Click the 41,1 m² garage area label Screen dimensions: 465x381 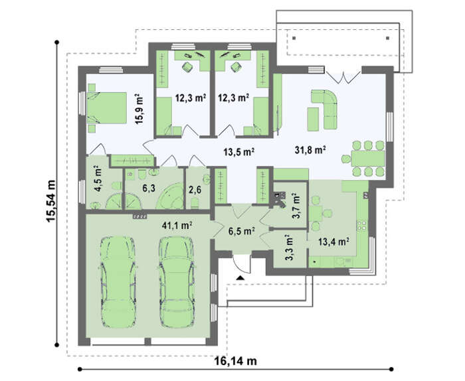point(177,226)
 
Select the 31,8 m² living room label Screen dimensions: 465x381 point(310,150)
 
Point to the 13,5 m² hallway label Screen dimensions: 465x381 point(238,152)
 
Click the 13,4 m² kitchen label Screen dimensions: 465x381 point(333,242)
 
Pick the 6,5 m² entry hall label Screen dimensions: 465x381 point(242,231)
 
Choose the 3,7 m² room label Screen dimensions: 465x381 point(296,206)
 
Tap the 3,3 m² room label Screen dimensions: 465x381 point(289,248)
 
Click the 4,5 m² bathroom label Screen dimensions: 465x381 point(98,181)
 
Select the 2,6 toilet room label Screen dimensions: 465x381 point(195,189)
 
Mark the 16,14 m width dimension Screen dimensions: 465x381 point(235,361)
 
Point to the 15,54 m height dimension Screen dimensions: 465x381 point(50,201)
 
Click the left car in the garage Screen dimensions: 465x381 point(118,281)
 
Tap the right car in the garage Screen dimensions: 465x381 point(177,281)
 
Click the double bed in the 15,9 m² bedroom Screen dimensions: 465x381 point(106,108)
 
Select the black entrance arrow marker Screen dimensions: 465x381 point(240,277)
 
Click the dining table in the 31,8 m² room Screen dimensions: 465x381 point(368,159)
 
